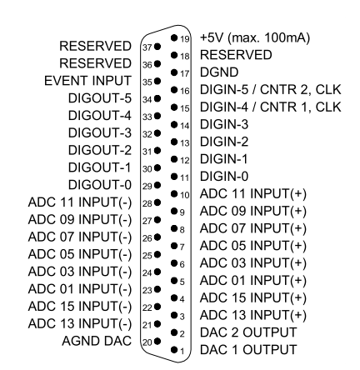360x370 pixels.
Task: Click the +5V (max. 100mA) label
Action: click(x=255, y=37)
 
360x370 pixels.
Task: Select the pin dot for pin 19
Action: click(x=174, y=37)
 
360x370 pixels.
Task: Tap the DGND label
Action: click(x=219, y=72)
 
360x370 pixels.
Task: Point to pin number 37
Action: click(x=147, y=47)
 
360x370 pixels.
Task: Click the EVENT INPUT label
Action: click(x=87, y=81)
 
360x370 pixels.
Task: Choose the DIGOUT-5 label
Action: click(x=100, y=98)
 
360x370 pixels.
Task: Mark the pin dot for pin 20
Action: click(x=157, y=341)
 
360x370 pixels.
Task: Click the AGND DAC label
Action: click(x=97, y=341)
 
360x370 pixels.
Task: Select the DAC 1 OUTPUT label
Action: click(x=248, y=349)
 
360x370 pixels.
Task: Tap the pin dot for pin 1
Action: click(x=174, y=350)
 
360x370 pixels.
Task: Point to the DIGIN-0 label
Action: click(x=224, y=177)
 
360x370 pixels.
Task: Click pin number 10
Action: click(x=185, y=195)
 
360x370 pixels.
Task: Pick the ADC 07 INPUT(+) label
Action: click(x=253, y=228)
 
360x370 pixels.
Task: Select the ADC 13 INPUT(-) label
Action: click(x=80, y=323)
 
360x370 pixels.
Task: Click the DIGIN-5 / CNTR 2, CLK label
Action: click(x=270, y=90)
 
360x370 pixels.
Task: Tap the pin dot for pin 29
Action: click(x=157, y=185)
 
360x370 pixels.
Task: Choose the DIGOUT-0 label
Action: click(x=100, y=185)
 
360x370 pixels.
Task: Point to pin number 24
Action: click(x=147, y=273)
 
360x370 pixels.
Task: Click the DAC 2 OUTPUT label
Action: click(x=248, y=332)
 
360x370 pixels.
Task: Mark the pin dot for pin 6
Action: click(x=174, y=262)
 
